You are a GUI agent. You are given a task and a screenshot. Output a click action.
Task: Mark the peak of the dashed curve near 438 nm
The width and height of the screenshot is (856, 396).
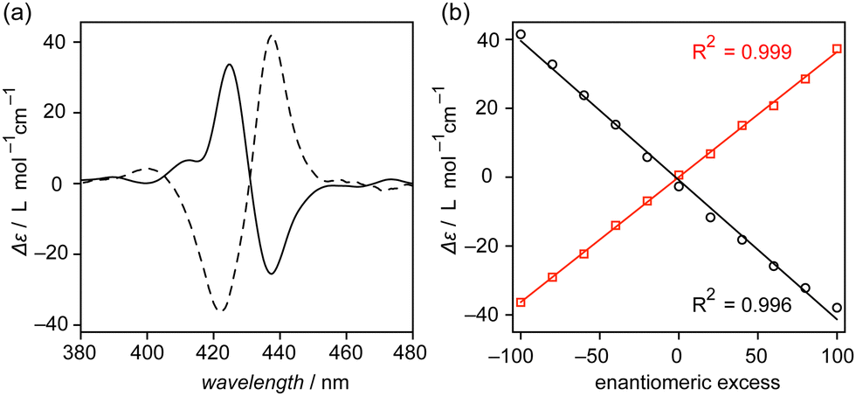pyautogui.click(x=273, y=36)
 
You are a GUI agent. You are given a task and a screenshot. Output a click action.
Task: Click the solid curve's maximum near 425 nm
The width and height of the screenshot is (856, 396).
pyautogui.click(x=229, y=65)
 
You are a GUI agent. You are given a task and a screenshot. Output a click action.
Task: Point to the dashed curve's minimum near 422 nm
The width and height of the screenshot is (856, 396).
pyautogui.click(x=220, y=310)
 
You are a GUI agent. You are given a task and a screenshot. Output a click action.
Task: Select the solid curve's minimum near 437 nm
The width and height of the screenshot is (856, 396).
pyautogui.click(x=272, y=274)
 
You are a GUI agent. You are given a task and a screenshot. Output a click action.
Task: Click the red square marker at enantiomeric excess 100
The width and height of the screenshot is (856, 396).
pyautogui.click(x=837, y=49)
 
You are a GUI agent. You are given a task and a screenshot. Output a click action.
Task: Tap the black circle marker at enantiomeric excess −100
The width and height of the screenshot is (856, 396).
pyautogui.click(x=521, y=35)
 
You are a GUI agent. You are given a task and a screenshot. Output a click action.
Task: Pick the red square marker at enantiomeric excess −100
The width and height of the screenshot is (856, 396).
pyautogui.click(x=521, y=302)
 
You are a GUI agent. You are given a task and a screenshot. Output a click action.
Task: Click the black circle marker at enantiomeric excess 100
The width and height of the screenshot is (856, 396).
pyautogui.click(x=837, y=308)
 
